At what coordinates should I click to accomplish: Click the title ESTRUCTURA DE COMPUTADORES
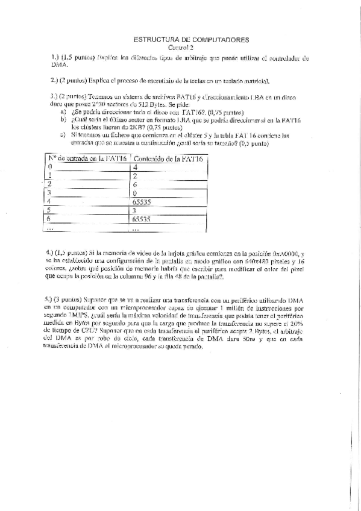[x=190, y=39]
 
